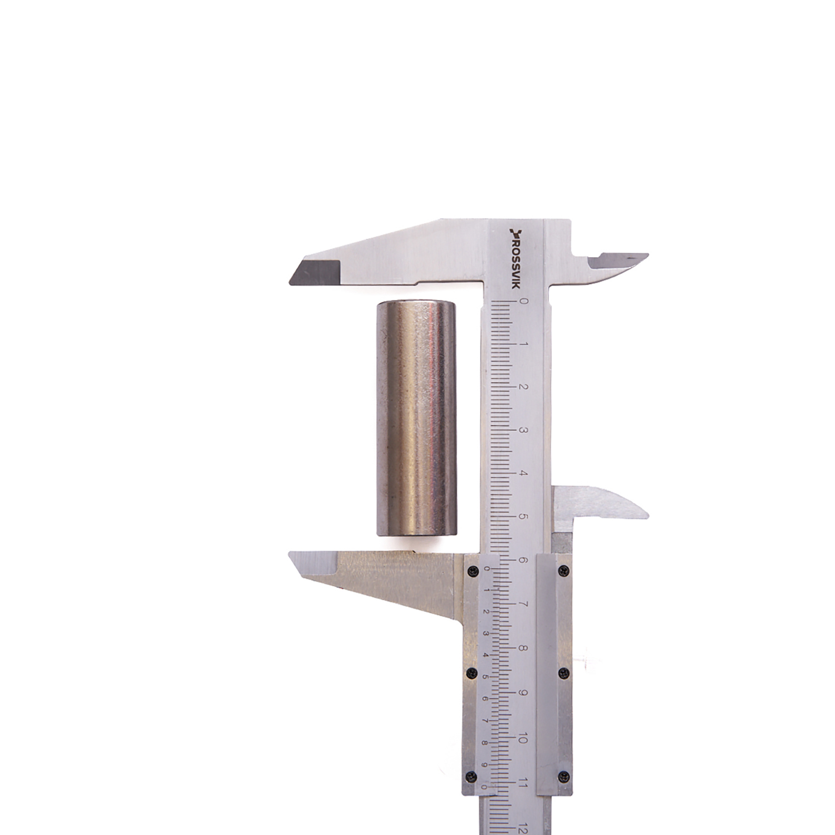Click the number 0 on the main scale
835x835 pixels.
click(x=523, y=301)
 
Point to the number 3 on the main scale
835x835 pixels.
click(x=523, y=430)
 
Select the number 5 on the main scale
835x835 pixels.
click(x=523, y=517)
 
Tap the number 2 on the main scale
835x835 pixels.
click(x=523, y=387)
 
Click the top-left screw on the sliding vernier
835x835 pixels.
click(x=473, y=569)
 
